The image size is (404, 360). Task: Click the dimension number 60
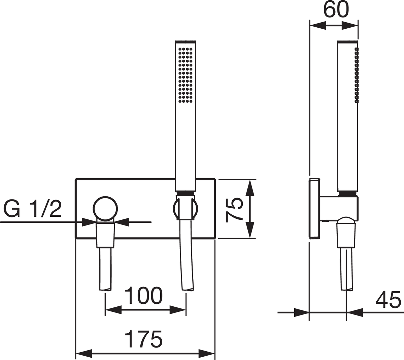336,9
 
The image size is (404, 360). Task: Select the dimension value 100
143,296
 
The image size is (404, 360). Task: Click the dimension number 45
388,299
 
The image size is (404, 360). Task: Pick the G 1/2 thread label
32,209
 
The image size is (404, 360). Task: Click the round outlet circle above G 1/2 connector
105,209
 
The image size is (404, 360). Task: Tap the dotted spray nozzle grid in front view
186,75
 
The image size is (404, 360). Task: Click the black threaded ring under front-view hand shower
186,193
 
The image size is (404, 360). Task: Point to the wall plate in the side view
314,209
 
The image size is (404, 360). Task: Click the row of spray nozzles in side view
357,75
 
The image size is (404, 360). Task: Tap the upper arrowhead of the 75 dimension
250,187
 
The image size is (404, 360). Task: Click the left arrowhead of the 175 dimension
84,354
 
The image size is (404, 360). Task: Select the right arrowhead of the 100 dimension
178,310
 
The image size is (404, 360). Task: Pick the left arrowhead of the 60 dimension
318,26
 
